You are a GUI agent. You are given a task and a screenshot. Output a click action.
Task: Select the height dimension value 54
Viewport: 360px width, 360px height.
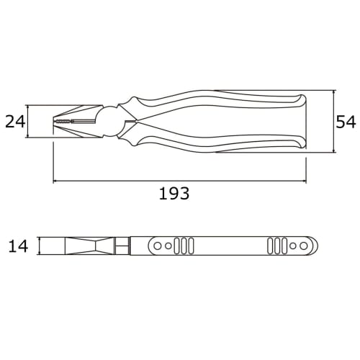346,122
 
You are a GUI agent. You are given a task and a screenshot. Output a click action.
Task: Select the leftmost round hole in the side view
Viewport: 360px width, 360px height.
158,246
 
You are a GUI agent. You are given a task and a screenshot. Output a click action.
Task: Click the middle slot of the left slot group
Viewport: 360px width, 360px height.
184,246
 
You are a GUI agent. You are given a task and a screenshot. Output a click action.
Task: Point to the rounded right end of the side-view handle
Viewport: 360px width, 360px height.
315,246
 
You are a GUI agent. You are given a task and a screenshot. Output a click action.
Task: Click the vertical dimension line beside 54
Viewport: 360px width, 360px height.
335,122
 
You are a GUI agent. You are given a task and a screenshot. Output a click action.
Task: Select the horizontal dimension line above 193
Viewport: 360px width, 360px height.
180,180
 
